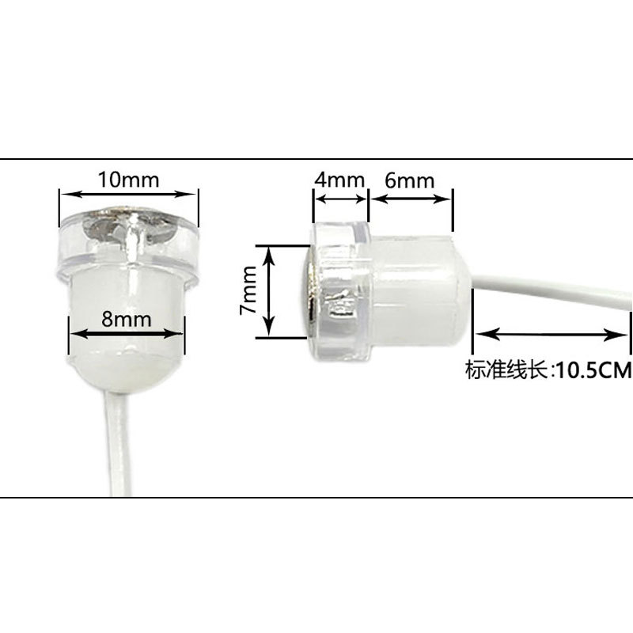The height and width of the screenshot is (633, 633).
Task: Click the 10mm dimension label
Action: [128, 179]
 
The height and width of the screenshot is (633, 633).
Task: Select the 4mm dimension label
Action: [339, 180]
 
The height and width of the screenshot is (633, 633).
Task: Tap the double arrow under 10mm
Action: [128, 193]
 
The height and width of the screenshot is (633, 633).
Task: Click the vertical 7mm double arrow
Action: [270, 290]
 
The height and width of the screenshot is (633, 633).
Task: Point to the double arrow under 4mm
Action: [341, 195]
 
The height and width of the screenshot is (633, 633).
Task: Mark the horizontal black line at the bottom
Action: [316, 497]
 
